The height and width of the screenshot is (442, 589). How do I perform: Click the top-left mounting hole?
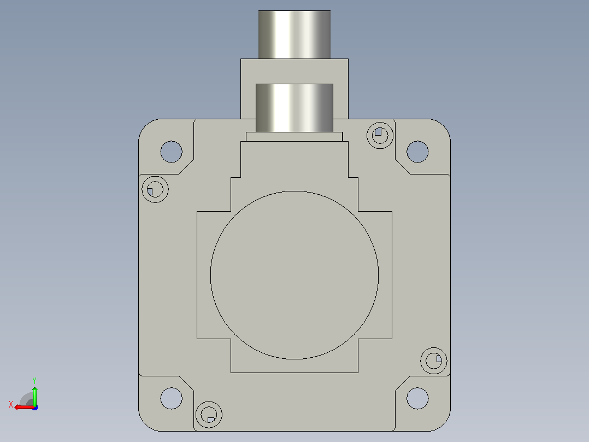click(172, 152)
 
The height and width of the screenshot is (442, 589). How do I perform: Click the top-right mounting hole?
click(417, 152)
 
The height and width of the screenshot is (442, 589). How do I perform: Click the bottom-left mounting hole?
click(172, 398)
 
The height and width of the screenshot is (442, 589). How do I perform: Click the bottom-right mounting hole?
click(417, 398)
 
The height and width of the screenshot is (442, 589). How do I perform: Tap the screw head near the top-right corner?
click(380, 135)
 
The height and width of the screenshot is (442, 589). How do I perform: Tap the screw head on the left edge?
click(155, 189)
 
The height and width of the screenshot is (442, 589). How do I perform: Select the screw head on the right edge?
click(434, 360)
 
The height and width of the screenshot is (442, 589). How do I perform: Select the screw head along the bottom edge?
click(209, 415)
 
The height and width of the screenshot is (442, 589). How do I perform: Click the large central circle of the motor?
click(294, 275)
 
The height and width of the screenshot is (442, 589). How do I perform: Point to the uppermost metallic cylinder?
click(294, 34)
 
